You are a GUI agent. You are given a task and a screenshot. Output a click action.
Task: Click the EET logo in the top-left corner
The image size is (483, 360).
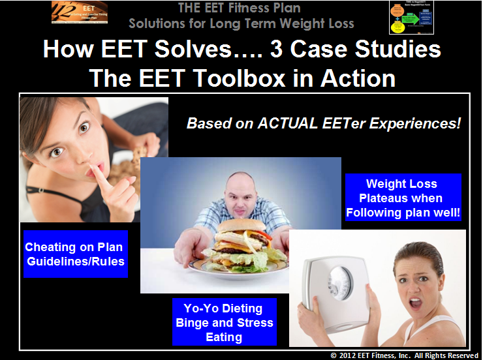coord(78,13)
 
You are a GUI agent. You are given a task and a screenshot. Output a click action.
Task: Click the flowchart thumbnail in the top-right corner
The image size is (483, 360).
coord(412,17)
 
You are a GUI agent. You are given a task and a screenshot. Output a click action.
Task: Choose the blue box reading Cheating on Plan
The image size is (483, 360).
coord(73,254)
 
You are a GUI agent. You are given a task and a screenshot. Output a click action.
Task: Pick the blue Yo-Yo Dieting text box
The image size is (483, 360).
coord(224,322)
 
